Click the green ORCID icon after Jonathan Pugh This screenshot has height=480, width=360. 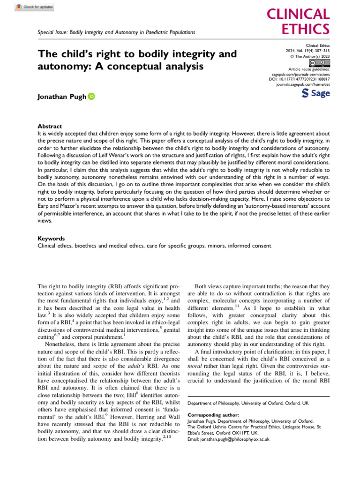91,97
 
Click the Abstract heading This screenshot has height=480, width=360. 50,127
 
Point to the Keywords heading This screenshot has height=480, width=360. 51,238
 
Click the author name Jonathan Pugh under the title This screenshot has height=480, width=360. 61,97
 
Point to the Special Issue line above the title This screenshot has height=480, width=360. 116,32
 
